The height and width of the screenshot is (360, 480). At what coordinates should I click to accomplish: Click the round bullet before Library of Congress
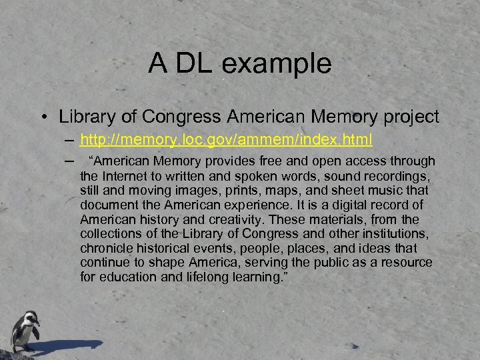43,118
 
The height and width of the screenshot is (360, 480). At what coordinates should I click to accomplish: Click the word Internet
127,176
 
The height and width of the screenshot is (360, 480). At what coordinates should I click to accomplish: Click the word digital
337,205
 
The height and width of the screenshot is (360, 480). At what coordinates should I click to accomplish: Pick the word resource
405,263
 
